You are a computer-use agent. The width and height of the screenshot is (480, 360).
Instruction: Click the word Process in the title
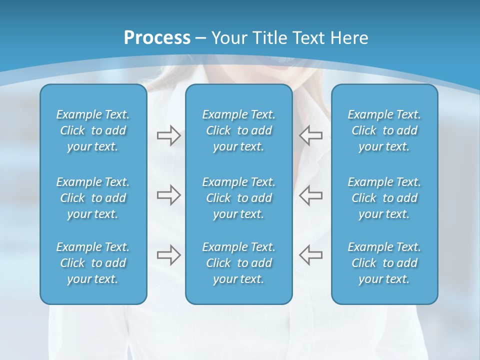click(x=157, y=38)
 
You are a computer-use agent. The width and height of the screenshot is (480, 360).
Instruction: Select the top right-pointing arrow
click(x=168, y=135)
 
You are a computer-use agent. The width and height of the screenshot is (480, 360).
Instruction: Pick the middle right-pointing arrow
click(x=168, y=195)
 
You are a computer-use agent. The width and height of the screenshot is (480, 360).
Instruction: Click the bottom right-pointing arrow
click(x=168, y=255)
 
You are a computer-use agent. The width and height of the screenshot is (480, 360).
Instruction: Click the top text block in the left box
click(x=93, y=130)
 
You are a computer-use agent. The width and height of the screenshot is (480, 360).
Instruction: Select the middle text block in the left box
click(x=93, y=198)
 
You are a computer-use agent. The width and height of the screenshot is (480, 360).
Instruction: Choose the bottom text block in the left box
click(x=93, y=263)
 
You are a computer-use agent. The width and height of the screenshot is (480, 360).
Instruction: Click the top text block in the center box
click(x=238, y=130)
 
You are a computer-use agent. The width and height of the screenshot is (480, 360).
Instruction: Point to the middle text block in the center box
click(x=238, y=198)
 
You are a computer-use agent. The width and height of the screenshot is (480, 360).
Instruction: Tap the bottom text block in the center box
click(x=238, y=263)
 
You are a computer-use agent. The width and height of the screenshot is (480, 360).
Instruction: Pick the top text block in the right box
click(x=384, y=130)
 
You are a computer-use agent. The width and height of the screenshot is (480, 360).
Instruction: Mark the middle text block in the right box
click(x=384, y=198)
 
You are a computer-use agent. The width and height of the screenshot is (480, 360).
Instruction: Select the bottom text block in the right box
click(x=384, y=263)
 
